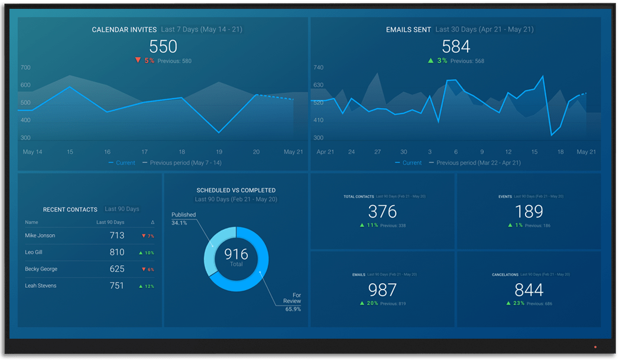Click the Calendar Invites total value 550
pos(163,47)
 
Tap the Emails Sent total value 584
pos(456,47)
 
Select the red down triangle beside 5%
pos(138,60)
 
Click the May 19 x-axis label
pos(219,152)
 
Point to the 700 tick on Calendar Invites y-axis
pos(25,67)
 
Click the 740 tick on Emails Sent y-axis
pos(318,67)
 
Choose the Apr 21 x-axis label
pos(326,152)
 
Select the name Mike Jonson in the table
pos(40,235)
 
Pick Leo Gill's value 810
pos(117,252)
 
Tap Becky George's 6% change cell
pos(147,270)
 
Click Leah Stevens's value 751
pos(117,286)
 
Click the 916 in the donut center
pos(236,255)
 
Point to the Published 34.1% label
pos(183,219)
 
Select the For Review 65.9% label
pos(292,301)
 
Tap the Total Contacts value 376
pos(382,211)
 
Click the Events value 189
pos(529,211)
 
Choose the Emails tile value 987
pos(382,290)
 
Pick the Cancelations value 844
pos(529,290)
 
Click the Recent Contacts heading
pos(70,209)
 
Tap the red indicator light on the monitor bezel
pos(595,347)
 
